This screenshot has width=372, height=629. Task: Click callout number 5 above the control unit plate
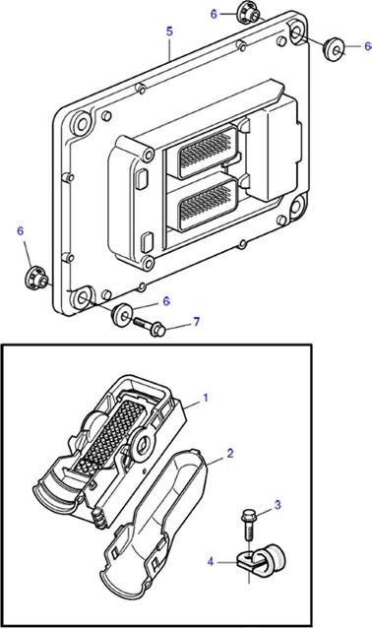point(169,31)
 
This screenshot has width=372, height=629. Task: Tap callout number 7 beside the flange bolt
point(196,322)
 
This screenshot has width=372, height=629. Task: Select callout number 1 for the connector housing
point(206,398)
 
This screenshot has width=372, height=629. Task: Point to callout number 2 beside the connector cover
point(229,454)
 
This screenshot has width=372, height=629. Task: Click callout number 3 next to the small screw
point(278,505)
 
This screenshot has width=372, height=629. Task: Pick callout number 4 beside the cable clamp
point(211,562)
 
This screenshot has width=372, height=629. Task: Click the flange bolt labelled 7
point(149,326)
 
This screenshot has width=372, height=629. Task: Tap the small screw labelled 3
point(248,525)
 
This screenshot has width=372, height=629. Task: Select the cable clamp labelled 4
point(261,558)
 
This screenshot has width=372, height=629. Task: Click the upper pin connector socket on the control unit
point(208,151)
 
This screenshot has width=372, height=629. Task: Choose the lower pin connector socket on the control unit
point(208,204)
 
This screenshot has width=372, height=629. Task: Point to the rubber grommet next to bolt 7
point(121,316)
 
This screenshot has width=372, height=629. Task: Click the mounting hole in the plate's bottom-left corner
point(83,297)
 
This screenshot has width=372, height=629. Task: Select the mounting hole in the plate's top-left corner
point(83,124)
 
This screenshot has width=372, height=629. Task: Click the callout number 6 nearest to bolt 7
point(166,301)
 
